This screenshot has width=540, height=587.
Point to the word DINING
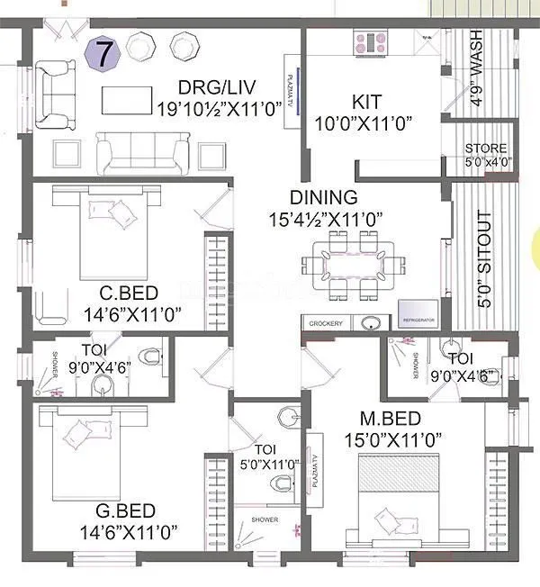323,197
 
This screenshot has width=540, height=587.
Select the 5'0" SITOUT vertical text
484,260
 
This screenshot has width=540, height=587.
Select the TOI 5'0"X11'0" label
264,456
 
